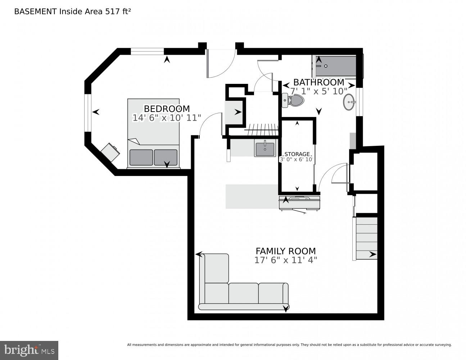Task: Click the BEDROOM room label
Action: coord(167,108)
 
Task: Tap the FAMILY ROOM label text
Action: coord(285,251)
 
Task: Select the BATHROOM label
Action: coord(318,82)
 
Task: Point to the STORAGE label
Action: coord(297,154)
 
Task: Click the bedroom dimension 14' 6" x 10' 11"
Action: coord(167,118)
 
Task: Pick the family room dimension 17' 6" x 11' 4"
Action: coord(285,260)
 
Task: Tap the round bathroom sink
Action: coord(349,102)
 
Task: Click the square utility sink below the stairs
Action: coord(265,148)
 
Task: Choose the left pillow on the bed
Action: coord(141,157)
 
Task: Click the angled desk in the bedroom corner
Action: coord(110,152)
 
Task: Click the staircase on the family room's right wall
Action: coord(366,238)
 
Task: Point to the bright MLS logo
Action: coord(29,350)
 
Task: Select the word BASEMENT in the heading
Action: coord(35,11)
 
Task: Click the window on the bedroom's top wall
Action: coord(147,51)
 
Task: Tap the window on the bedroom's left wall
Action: coord(87,113)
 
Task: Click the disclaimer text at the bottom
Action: coord(289,345)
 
